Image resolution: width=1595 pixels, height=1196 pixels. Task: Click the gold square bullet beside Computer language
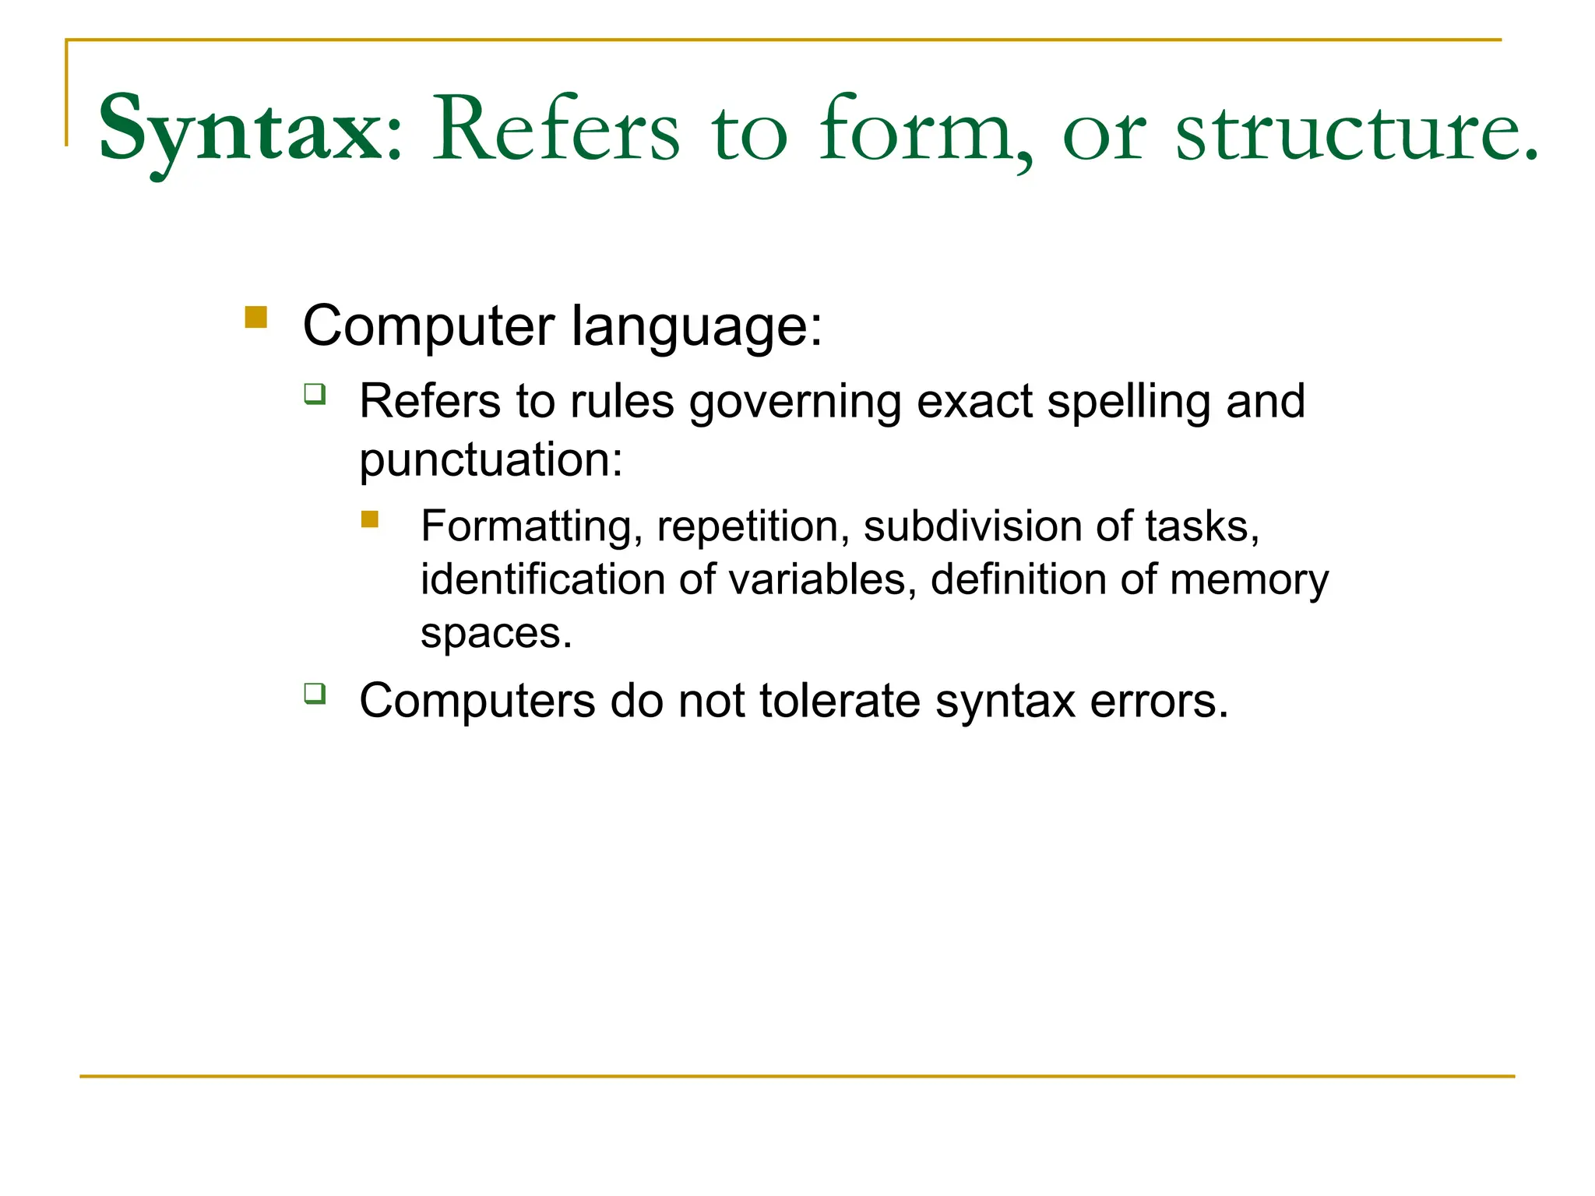coord(255,318)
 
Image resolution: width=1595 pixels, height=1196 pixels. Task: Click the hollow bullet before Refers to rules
coord(315,394)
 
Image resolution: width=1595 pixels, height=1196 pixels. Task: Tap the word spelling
coord(1128,403)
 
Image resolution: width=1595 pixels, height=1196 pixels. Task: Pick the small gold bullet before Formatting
coord(370,519)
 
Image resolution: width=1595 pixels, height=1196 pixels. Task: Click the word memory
coord(1248,581)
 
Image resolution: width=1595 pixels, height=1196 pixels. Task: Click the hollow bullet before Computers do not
coord(315,692)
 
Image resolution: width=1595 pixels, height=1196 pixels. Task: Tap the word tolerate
coord(840,701)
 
